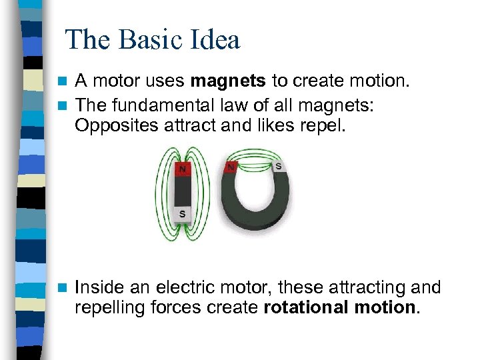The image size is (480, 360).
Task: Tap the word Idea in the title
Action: [213, 40]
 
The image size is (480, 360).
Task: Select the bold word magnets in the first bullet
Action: [228, 82]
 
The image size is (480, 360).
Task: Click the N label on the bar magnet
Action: [182, 169]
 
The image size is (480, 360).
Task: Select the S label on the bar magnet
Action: [182, 214]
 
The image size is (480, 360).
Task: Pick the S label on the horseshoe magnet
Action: [278, 165]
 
